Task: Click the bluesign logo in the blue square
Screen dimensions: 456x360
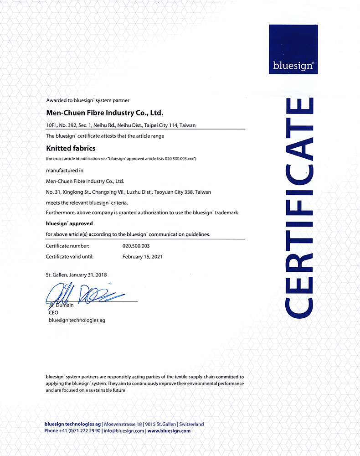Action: pyautogui.click(x=293, y=65)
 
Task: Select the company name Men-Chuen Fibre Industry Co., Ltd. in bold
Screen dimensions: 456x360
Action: pyautogui.click(x=104, y=112)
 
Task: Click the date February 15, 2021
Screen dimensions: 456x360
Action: pyautogui.click(x=143, y=257)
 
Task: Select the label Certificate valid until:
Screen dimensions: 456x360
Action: pyautogui.click(x=70, y=257)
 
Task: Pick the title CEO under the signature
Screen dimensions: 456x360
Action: pyautogui.click(x=54, y=313)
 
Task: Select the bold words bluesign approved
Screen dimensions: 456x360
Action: pyautogui.click(x=69, y=224)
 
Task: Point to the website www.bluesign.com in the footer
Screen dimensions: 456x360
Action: pyautogui.click(x=169, y=430)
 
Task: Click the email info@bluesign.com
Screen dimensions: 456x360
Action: pyautogui.click(x=123, y=430)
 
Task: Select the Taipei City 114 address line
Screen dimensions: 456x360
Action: pyautogui.click(x=121, y=125)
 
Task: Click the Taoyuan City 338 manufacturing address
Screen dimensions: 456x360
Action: pyautogui.click(x=129, y=192)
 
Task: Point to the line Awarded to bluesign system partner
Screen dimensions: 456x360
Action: pyautogui.click(x=88, y=100)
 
